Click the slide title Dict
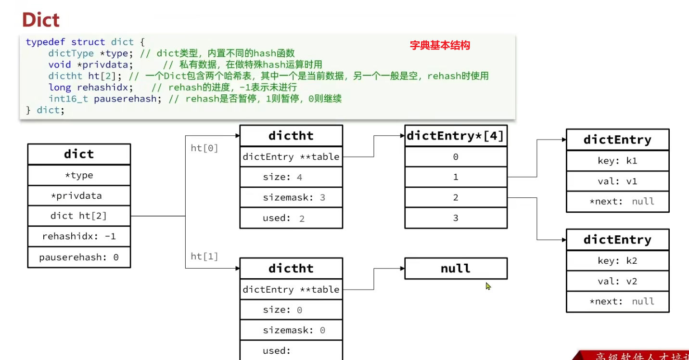point(41,20)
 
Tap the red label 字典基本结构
point(439,46)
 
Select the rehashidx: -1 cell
point(79,237)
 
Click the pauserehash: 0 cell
point(79,257)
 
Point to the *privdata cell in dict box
point(79,196)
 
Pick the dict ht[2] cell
point(79,216)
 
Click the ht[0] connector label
point(204,148)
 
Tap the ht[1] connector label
point(204,257)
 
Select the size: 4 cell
point(291,177)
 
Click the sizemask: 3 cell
point(291,198)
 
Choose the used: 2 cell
point(291,218)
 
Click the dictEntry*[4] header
point(456,136)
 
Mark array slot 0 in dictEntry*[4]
point(456,157)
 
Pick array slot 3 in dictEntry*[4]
point(456,218)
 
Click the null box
point(456,269)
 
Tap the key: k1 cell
point(617,161)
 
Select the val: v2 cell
point(617,281)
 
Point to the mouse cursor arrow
point(488,286)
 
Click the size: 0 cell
point(291,310)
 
